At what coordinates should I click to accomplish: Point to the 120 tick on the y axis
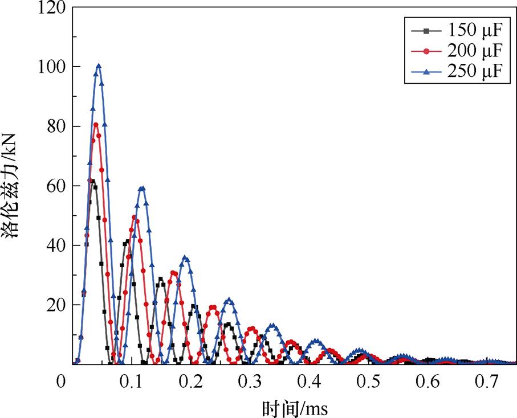[x=49, y=8]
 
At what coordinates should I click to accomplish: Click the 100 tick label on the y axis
[x=49, y=67]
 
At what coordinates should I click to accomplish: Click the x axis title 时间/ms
[x=295, y=408]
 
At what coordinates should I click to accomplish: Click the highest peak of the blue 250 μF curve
[x=99, y=66]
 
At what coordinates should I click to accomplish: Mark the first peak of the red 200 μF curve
[x=96, y=125]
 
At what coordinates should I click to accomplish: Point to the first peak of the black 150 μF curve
[x=92, y=181]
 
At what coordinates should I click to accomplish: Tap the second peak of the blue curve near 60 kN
[x=142, y=188]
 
